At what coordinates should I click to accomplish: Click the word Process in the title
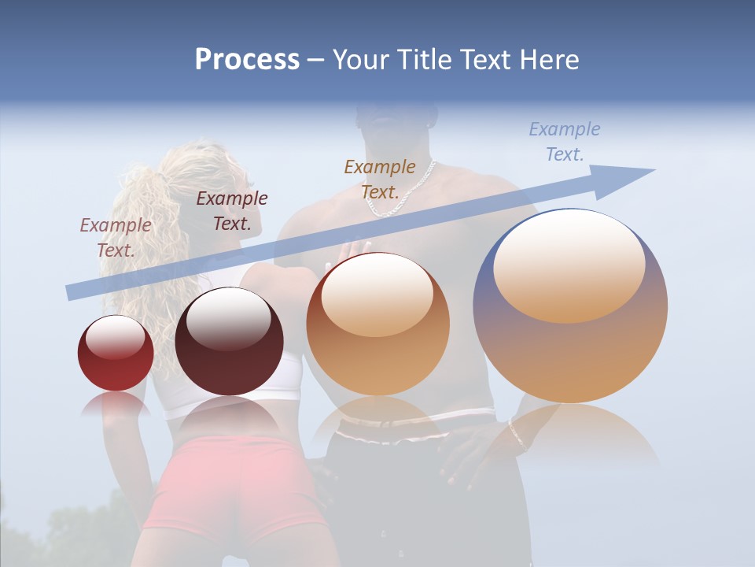[x=247, y=60]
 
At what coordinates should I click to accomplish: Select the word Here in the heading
[x=548, y=60]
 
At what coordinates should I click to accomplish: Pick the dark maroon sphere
[x=229, y=342]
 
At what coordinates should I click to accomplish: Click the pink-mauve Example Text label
[x=116, y=237]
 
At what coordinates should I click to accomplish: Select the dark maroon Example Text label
[x=232, y=210]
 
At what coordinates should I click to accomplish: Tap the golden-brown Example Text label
[x=380, y=179]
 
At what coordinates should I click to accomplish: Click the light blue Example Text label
[x=565, y=141]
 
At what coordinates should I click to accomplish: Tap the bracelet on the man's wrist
[x=517, y=433]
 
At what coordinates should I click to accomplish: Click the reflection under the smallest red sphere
[x=116, y=404]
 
